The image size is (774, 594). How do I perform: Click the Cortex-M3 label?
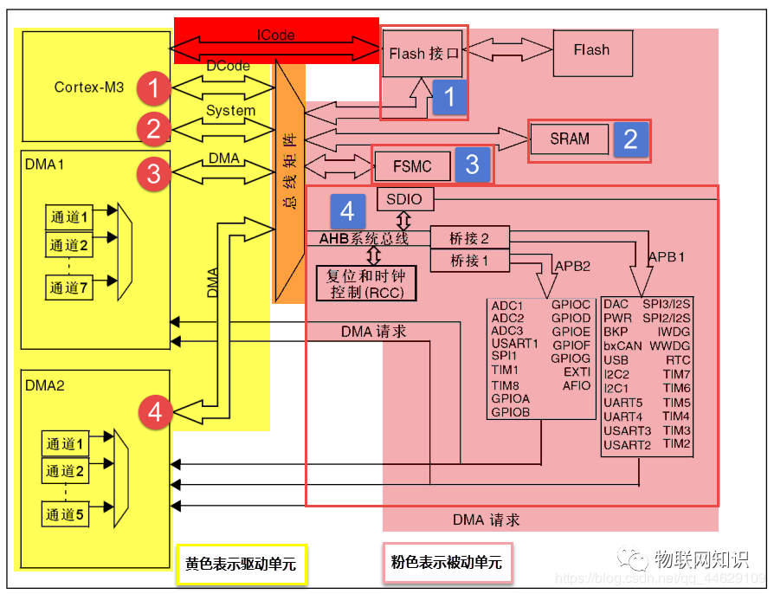click(89, 87)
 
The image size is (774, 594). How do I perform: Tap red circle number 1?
click(154, 87)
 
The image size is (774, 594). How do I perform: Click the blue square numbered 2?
click(631, 139)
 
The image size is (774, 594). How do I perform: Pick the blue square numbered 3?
click(472, 165)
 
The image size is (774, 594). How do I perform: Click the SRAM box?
click(569, 139)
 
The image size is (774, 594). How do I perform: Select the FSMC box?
click(412, 165)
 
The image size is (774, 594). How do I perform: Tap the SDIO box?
click(404, 199)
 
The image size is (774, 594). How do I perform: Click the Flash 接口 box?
click(423, 54)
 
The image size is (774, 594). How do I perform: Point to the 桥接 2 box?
click(469, 238)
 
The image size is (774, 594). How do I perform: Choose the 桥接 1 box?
click(469, 260)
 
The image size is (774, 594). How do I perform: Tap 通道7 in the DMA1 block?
click(68, 287)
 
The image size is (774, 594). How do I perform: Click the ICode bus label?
click(275, 36)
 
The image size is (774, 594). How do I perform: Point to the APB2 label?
click(572, 266)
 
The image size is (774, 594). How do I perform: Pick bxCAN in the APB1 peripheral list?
click(622, 345)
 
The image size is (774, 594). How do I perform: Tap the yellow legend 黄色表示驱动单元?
click(241, 564)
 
